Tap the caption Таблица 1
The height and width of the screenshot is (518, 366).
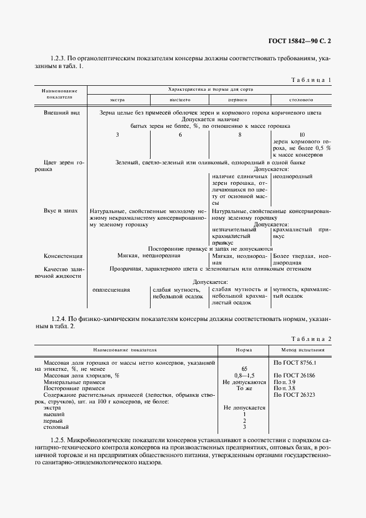(x=311, y=80)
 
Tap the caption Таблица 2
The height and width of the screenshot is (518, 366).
(x=311, y=338)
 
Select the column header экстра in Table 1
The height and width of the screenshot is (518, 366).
(x=117, y=100)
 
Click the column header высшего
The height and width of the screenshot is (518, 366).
(x=179, y=100)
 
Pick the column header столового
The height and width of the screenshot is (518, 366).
(x=301, y=100)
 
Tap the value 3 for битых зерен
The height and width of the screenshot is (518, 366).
(x=117, y=134)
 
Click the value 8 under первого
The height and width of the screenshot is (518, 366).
(x=240, y=134)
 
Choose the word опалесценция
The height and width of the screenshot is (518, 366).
(x=111, y=289)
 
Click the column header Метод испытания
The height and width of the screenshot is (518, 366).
(x=300, y=350)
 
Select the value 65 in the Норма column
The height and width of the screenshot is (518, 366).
(x=244, y=368)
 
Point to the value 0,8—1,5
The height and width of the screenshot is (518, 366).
(x=244, y=375)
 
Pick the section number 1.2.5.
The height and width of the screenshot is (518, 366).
(x=59, y=438)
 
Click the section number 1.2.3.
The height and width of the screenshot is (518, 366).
(x=59, y=58)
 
